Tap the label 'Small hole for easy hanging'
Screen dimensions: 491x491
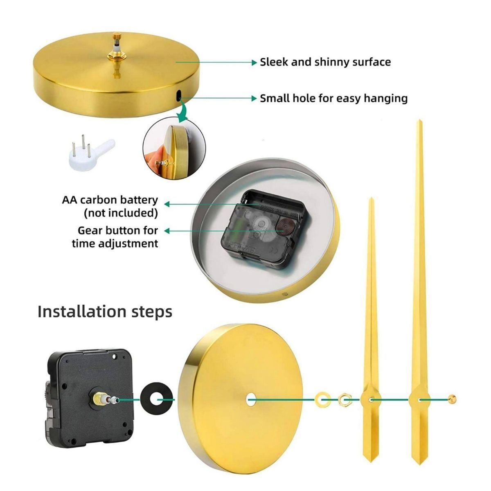334,98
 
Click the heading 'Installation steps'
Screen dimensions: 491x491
105,311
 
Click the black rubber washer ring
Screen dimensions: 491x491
157,400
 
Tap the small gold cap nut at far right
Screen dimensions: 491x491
452,399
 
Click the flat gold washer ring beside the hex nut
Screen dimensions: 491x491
322,399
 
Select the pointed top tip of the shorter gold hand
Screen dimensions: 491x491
372,198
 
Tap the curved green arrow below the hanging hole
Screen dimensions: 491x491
183,110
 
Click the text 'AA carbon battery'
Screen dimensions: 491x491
110,200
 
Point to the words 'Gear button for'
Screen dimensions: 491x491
118,231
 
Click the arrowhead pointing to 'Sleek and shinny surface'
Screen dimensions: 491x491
254,63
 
